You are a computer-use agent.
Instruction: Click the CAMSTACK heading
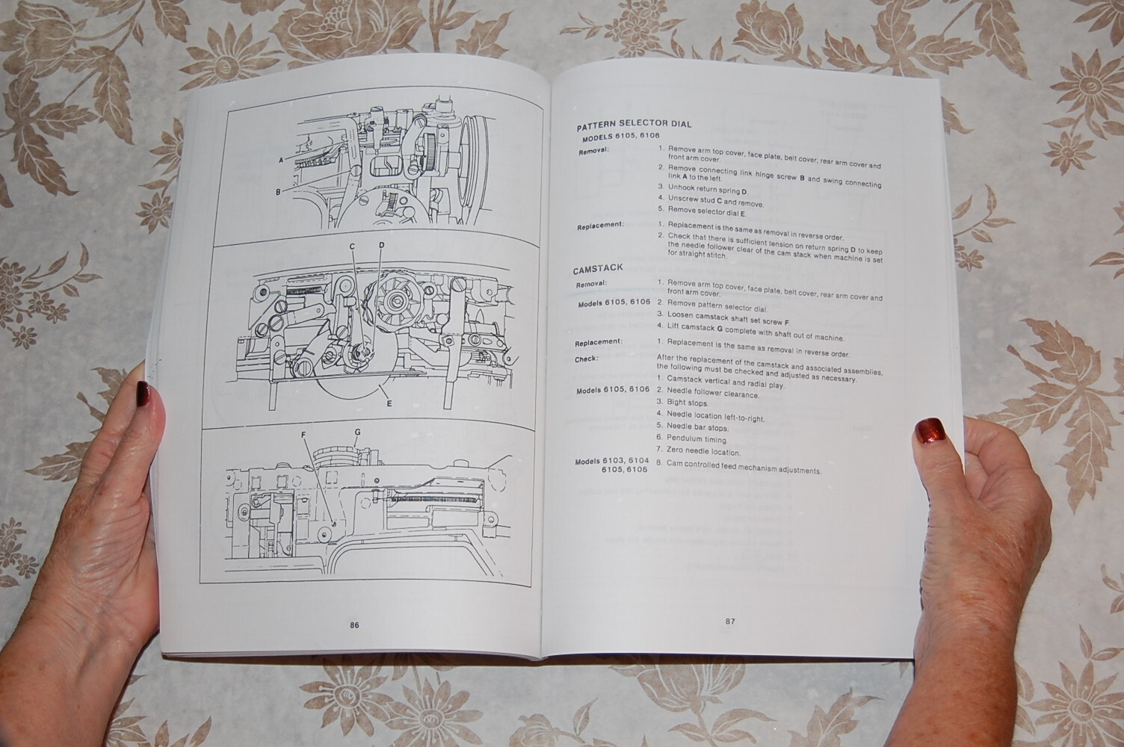(x=597, y=267)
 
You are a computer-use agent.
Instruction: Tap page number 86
(x=354, y=624)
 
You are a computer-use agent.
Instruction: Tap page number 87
(x=730, y=621)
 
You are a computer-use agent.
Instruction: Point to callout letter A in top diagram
(x=281, y=159)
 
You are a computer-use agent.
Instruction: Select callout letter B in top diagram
(x=277, y=191)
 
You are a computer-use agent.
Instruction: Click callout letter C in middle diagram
(x=351, y=245)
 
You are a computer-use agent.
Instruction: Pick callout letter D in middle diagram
(x=381, y=245)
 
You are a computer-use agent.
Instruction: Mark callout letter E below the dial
(x=389, y=403)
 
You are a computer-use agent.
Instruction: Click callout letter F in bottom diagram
(x=303, y=434)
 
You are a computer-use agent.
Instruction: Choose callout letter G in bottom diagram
(x=358, y=432)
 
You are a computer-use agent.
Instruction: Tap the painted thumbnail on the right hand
(x=930, y=431)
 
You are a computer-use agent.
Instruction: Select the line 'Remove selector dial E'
(x=706, y=213)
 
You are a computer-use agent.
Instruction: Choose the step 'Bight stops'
(x=687, y=403)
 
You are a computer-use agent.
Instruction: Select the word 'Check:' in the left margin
(x=586, y=359)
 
